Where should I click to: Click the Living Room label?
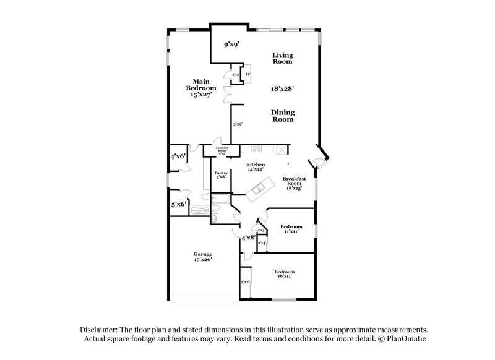(282, 59)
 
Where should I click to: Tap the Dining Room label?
(283, 116)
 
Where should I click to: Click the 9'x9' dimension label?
(231, 44)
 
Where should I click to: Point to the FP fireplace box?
(247, 75)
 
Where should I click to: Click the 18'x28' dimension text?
(282, 88)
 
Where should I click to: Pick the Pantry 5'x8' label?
(221, 176)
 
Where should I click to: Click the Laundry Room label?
(222, 149)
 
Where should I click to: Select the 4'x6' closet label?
(179, 157)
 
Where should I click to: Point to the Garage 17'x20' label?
(202, 257)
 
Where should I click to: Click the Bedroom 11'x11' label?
(290, 228)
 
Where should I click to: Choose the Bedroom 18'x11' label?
(284, 274)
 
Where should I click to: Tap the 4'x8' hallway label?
(248, 237)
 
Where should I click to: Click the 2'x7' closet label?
(245, 283)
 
